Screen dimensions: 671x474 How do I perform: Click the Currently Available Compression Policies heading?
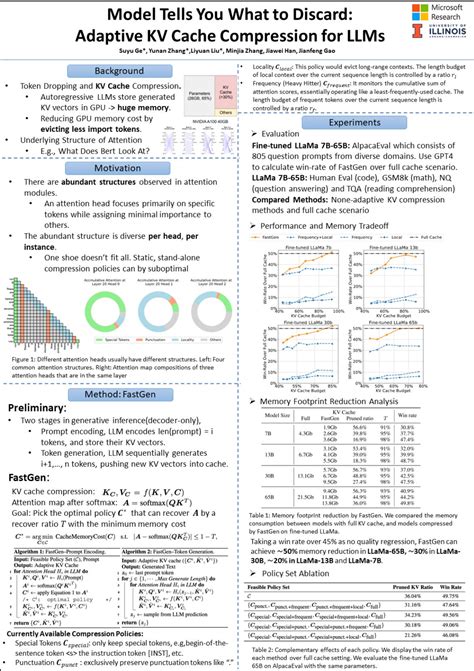coord(89,634)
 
